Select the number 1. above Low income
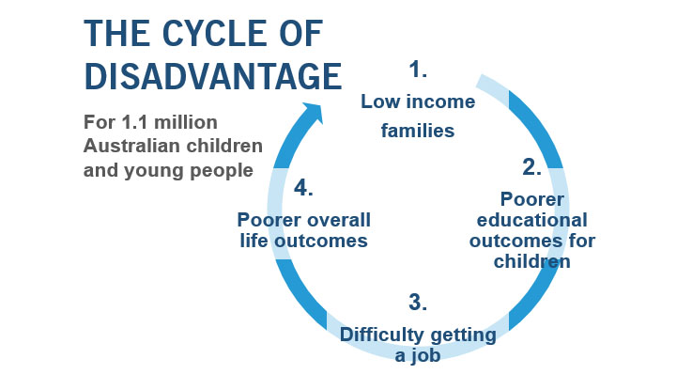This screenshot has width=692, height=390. (x=419, y=69)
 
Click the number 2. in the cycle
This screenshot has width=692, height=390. (x=532, y=167)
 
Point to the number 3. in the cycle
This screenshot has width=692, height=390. (x=419, y=303)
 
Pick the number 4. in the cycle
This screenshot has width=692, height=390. (x=303, y=187)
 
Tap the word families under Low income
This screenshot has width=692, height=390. (x=418, y=131)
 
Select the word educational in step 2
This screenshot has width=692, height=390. (x=533, y=220)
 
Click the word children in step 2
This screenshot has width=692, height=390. (x=532, y=261)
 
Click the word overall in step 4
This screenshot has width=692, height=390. (x=337, y=220)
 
